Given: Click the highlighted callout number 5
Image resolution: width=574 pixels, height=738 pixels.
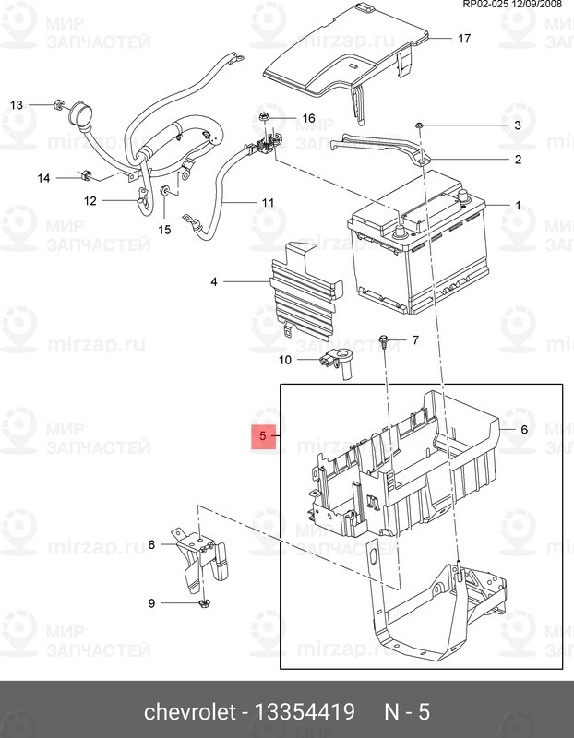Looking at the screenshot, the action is coord(263,436).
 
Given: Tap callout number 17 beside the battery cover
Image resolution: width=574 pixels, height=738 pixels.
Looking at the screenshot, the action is coord(464,38).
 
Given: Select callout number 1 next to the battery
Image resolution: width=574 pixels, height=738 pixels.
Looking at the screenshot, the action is coord(518,206).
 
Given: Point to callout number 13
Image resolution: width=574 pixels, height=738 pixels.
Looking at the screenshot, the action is coord(17,104).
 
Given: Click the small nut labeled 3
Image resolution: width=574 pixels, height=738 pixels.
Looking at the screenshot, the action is coord(419,125).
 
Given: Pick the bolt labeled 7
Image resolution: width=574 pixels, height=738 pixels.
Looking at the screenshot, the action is coord(383,341).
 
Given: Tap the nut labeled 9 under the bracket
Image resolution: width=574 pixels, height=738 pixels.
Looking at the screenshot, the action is coord(204,603).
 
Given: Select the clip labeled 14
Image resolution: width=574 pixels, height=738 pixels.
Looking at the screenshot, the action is coord(87,175).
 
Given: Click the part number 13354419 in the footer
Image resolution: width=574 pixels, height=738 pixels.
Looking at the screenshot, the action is coord(305,712).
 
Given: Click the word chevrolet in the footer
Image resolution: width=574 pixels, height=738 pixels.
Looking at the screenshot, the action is coord(189,712).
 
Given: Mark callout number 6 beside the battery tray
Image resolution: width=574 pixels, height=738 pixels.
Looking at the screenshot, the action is coord(523,430).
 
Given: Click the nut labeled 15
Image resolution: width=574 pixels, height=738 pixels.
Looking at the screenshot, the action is coord(166,191).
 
